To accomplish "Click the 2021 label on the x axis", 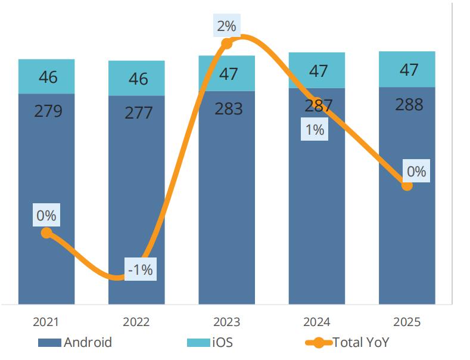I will pos(46,322).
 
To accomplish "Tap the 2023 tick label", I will pos(226,322).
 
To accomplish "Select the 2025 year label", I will pos(407,322).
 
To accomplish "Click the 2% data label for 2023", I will pos(226,26).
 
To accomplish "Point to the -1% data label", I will pos(141,270).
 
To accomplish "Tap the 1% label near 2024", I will pos(314,129).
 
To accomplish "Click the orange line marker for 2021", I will pos(46,233).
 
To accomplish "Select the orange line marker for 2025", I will pos(407,185).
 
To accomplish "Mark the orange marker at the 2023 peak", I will pos(226,43).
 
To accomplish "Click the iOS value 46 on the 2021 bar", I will pos(48,77).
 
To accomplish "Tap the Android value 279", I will pos(48,111).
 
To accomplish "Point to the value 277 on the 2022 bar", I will pos(138,113).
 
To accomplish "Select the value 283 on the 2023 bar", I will pos(228,109).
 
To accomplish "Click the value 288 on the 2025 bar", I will pos(409,105).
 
